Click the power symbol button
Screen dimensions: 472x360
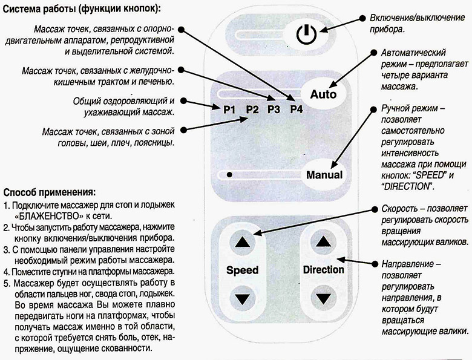[x=306, y=34]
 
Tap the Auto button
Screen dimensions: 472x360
[x=323, y=94]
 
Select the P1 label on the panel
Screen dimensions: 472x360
[x=229, y=110]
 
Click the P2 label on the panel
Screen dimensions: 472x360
[x=252, y=110]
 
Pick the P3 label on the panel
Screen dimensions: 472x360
[x=274, y=110]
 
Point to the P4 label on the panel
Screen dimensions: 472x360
[x=297, y=110]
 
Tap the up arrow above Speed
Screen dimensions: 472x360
[x=242, y=242]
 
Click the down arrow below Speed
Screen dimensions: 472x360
[x=242, y=299]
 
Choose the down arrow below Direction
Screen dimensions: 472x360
[x=323, y=299]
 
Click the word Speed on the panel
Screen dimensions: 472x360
[x=242, y=270]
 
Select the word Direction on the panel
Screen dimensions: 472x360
[x=323, y=269]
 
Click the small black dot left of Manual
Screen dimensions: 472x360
[x=229, y=174]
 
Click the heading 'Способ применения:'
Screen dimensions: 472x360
[x=50, y=192]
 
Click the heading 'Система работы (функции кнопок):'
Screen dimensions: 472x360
[x=82, y=9]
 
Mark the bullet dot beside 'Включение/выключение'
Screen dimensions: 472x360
[x=363, y=18]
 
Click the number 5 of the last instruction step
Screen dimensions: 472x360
[x=6, y=283]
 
